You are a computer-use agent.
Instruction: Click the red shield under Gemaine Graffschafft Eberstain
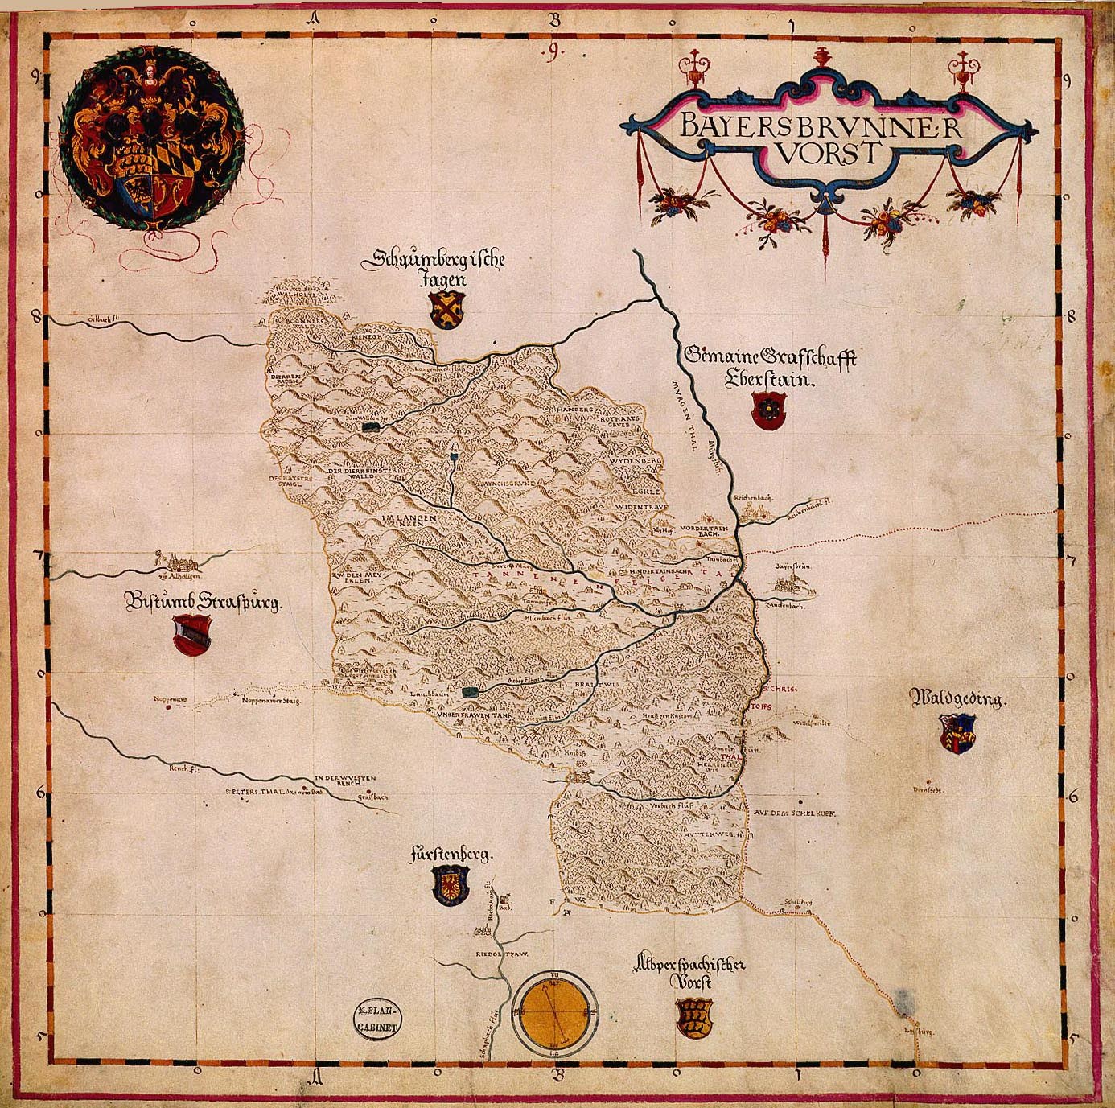click(x=765, y=410)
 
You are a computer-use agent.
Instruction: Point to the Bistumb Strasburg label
click(x=203, y=602)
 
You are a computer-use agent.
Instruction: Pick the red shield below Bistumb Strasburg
click(x=192, y=633)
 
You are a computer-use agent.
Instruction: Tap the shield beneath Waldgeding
click(x=957, y=732)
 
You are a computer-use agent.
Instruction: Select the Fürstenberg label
click(x=450, y=855)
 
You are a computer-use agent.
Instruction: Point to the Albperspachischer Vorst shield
click(x=692, y=1017)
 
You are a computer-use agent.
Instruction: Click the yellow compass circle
click(x=554, y=1013)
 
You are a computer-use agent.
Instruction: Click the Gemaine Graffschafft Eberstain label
click(x=771, y=367)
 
